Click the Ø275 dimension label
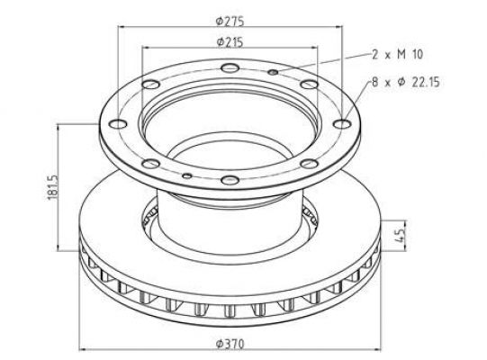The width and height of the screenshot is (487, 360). pos(230,21)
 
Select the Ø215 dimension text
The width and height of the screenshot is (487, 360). pos(230,42)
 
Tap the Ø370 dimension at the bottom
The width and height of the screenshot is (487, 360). pos(230,344)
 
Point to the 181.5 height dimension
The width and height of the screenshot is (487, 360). pos(53,187)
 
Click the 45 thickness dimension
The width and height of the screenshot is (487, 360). pos(401,235)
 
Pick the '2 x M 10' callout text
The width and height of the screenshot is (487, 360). pos(398,54)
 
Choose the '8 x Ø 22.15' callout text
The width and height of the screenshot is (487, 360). pos(406,82)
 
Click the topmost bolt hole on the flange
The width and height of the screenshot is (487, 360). pos(230,67)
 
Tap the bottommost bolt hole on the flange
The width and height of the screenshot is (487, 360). pos(230,180)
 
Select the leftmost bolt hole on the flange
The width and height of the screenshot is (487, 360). pos(118,124)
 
